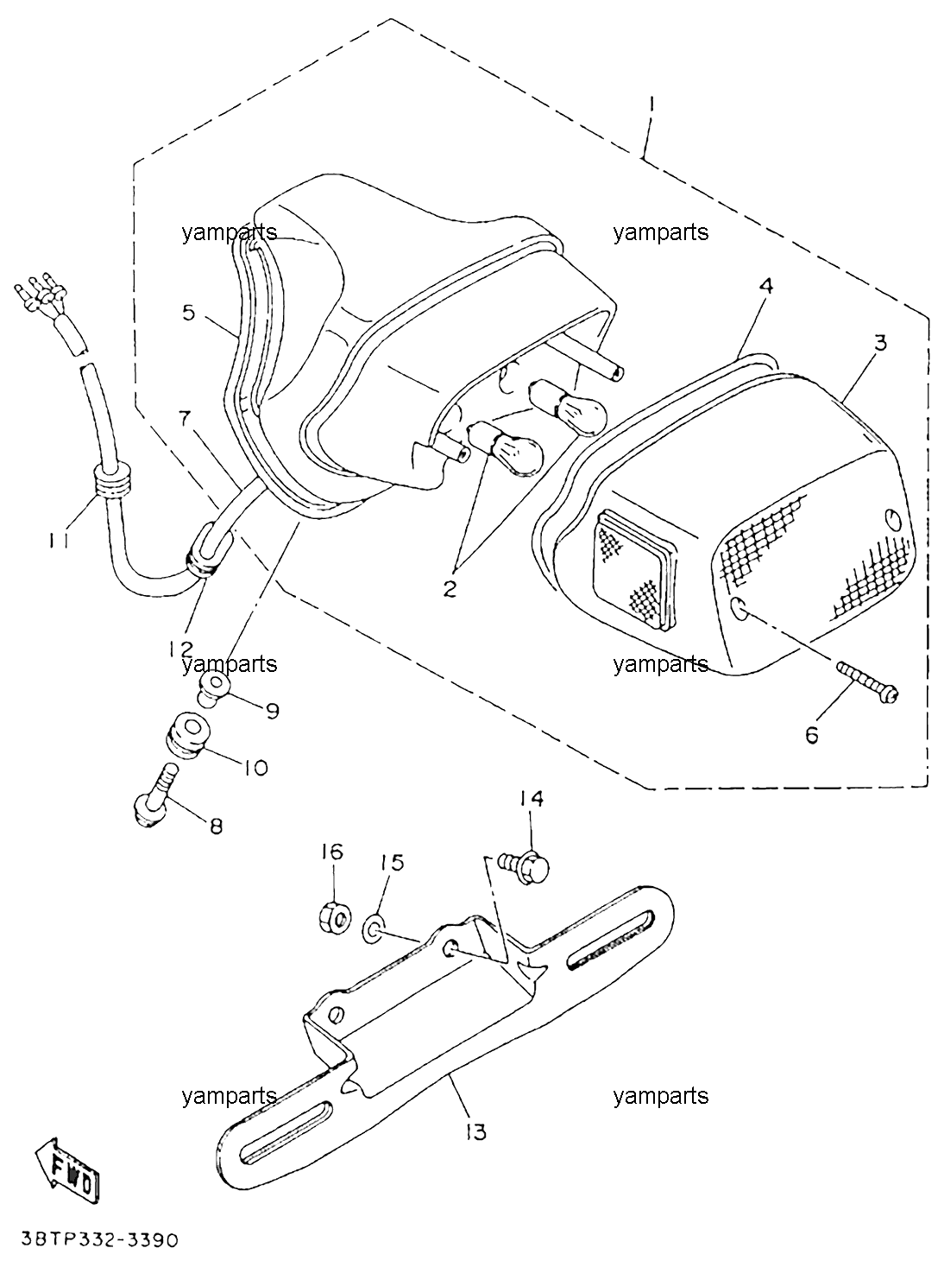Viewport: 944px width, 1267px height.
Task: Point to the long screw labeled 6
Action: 866,683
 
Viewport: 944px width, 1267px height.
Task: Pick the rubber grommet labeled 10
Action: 186,736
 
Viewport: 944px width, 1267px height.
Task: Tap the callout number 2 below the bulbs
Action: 450,589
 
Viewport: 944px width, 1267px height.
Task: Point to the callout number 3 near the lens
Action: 879,342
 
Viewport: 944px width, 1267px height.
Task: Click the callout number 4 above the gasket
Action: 766,285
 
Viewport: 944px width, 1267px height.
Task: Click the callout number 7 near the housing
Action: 185,419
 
